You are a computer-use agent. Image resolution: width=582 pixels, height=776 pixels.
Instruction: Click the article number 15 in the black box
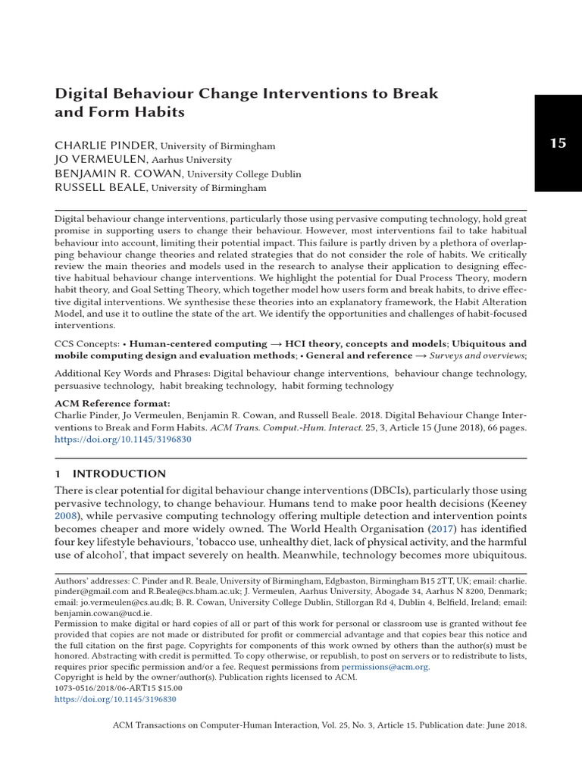[558, 143]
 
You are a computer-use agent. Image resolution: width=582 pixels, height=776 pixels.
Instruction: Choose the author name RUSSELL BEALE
[101, 188]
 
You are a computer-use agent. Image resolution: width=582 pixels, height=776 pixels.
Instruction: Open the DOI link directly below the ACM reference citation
[124, 440]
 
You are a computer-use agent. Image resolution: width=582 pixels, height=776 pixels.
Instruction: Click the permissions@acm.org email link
[385, 667]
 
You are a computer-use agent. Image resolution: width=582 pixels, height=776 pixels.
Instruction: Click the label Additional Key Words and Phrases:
[132, 374]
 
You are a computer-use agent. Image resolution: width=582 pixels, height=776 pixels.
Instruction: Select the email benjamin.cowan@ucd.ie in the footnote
[103, 612]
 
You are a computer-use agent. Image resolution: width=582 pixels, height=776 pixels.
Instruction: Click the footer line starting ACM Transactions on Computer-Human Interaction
[319, 725]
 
